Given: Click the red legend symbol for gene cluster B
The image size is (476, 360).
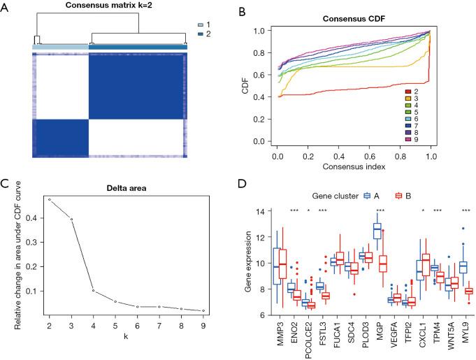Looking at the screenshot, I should [400, 195].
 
